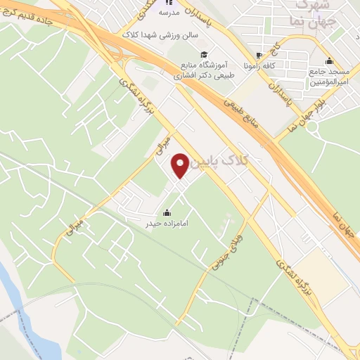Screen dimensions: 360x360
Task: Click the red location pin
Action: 181,165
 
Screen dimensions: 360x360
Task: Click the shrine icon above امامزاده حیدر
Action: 167,213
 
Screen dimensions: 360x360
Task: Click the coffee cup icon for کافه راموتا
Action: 260,54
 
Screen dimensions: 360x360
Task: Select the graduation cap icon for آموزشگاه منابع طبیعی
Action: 204,55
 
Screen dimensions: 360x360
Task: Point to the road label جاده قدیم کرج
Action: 27,27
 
